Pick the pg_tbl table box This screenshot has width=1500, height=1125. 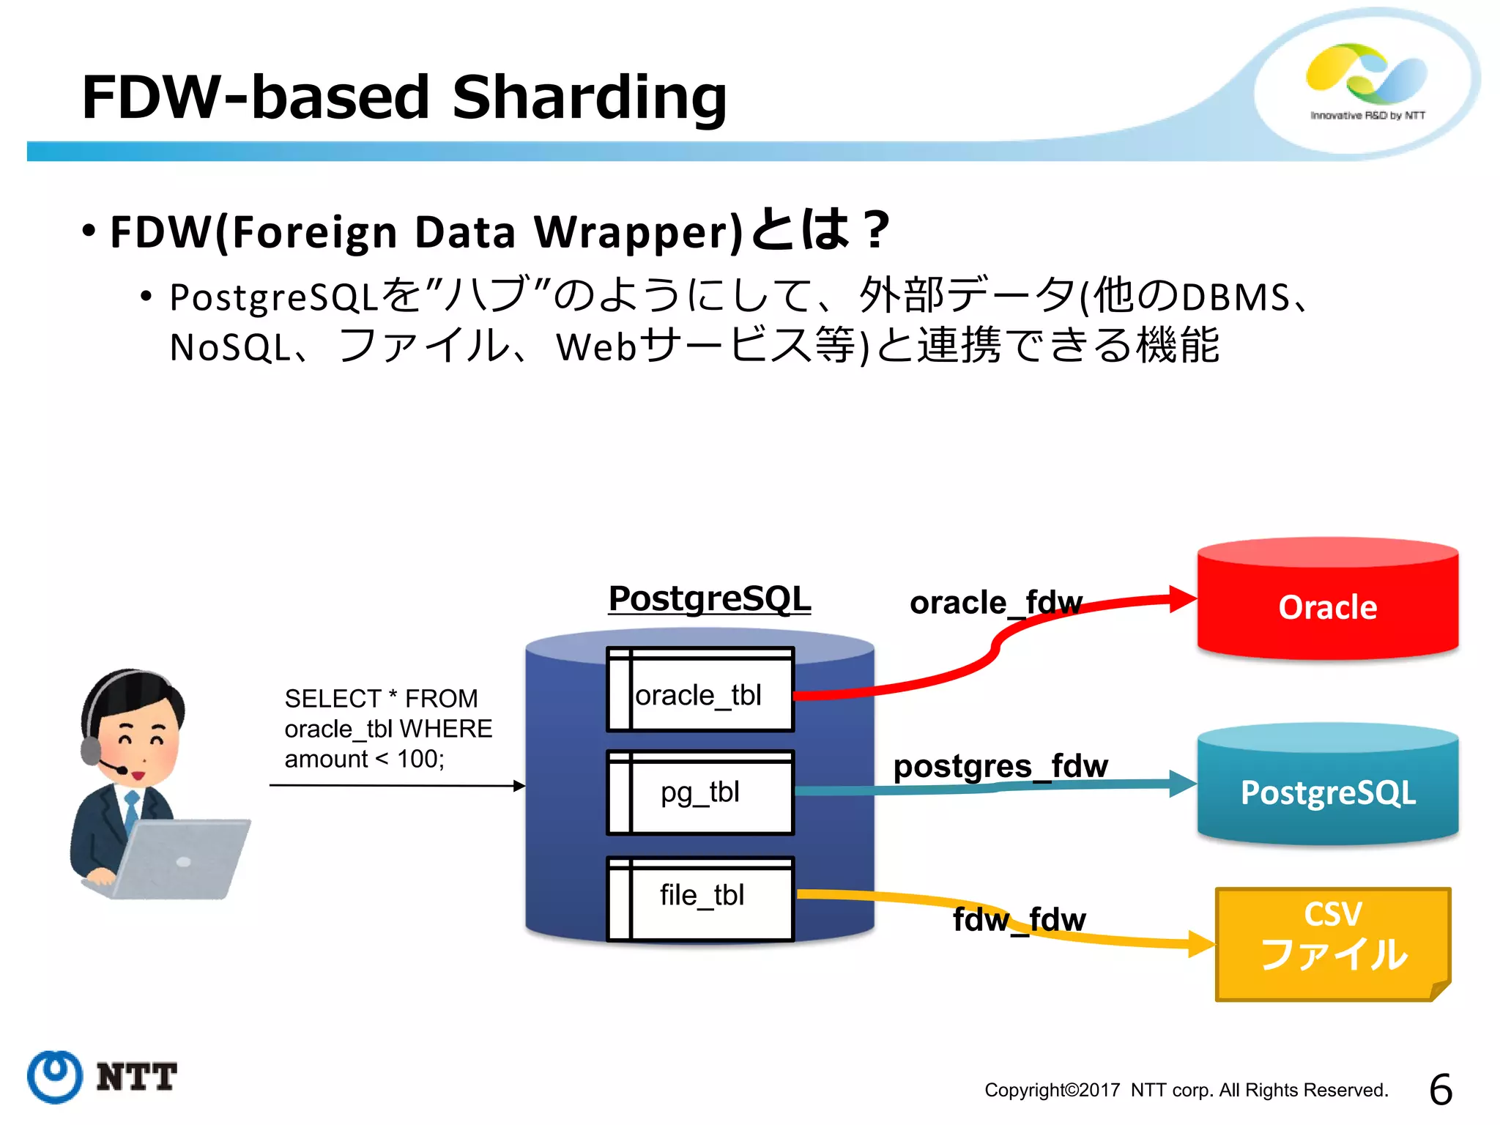(699, 792)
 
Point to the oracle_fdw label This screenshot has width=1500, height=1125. (995, 603)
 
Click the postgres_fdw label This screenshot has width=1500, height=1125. (1000, 766)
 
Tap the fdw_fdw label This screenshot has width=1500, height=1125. (1019, 919)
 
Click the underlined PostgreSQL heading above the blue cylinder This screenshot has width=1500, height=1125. (709, 598)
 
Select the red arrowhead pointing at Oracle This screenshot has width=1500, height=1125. (1181, 598)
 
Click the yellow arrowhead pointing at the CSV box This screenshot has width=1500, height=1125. (1201, 943)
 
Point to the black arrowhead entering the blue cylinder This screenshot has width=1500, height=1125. (519, 786)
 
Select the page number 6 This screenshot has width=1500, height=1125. (1440, 1089)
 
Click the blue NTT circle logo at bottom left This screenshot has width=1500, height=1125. (55, 1076)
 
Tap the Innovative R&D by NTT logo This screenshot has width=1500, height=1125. (1367, 81)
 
